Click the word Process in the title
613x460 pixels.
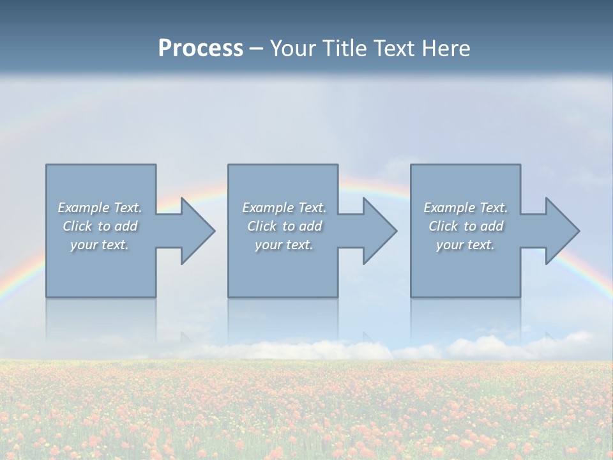(x=201, y=49)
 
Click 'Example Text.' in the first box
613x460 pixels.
(x=100, y=208)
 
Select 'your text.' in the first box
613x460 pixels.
(x=100, y=245)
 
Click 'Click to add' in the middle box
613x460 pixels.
(x=284, y=226)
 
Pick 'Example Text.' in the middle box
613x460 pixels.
(x=284, y=208)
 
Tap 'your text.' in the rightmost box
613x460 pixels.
(x=465, y=245)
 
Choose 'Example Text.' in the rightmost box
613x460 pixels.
(x=465, y=208)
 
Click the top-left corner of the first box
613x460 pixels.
(x=47, y=165)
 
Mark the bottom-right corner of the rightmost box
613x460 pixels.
(x=520, y=296)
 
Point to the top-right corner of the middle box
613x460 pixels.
(x=337, y=165)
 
